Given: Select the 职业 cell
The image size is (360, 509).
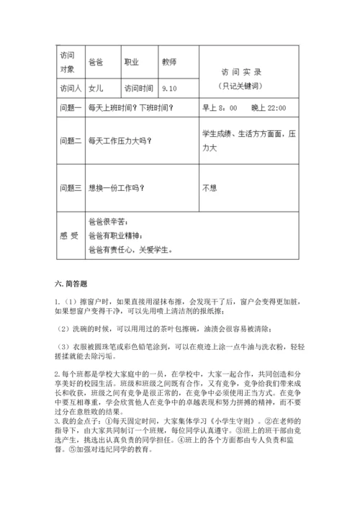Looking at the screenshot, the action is coord(132,62).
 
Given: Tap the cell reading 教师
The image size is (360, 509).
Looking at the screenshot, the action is coord(170,62).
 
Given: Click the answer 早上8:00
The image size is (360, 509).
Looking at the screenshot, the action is coord(220,108).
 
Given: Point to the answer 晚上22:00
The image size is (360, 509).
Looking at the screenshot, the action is coord(269,108).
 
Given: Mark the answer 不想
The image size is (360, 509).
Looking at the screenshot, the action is coord(210,188).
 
